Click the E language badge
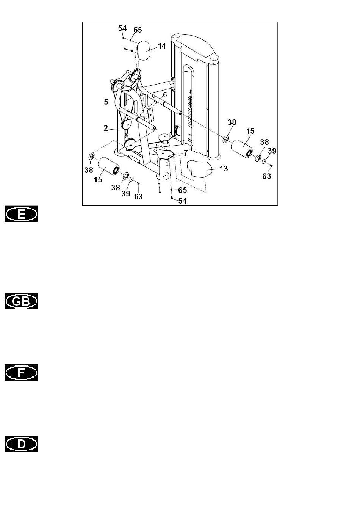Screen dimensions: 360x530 coord(21,214)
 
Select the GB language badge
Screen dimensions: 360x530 coord(21,301)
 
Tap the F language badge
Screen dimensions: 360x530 coord(21,372)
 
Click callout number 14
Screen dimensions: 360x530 coord(162,46)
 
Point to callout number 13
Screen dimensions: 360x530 coord(224,169)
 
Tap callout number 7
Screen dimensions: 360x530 coord(186,153)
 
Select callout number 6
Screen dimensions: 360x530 coord(165,95)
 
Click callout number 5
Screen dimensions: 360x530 coord(106,102)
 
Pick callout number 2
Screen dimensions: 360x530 coord(106,128)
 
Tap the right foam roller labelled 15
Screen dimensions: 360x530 coord(241,149)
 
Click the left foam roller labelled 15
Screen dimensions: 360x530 coord(108,166)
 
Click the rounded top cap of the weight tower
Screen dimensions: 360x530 coord(196,47)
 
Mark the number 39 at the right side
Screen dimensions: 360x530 coord(272,151)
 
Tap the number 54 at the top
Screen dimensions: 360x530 coord(122,28)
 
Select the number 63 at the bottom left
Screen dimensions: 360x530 coord(138,197)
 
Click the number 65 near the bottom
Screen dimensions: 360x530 coord(182,190)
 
